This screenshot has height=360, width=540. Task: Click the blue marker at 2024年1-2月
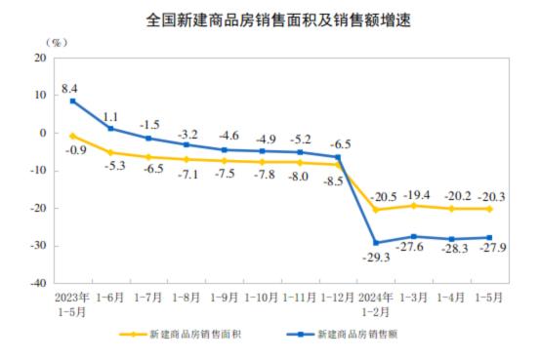click(375, 243)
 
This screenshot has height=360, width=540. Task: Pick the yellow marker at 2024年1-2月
click(375, 209)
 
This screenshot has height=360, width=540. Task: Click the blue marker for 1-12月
click(337, 157)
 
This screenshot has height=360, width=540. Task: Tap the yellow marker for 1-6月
click(110, 152)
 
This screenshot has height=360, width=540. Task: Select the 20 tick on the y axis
click(40, 58)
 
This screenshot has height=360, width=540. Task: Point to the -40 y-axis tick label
click(37, 284)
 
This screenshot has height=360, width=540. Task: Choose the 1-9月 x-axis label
click(224, 297)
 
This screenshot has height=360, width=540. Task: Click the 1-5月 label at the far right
click(488, 297)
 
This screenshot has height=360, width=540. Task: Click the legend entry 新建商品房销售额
click(360, 334)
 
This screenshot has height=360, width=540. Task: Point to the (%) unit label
click(58, 43)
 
